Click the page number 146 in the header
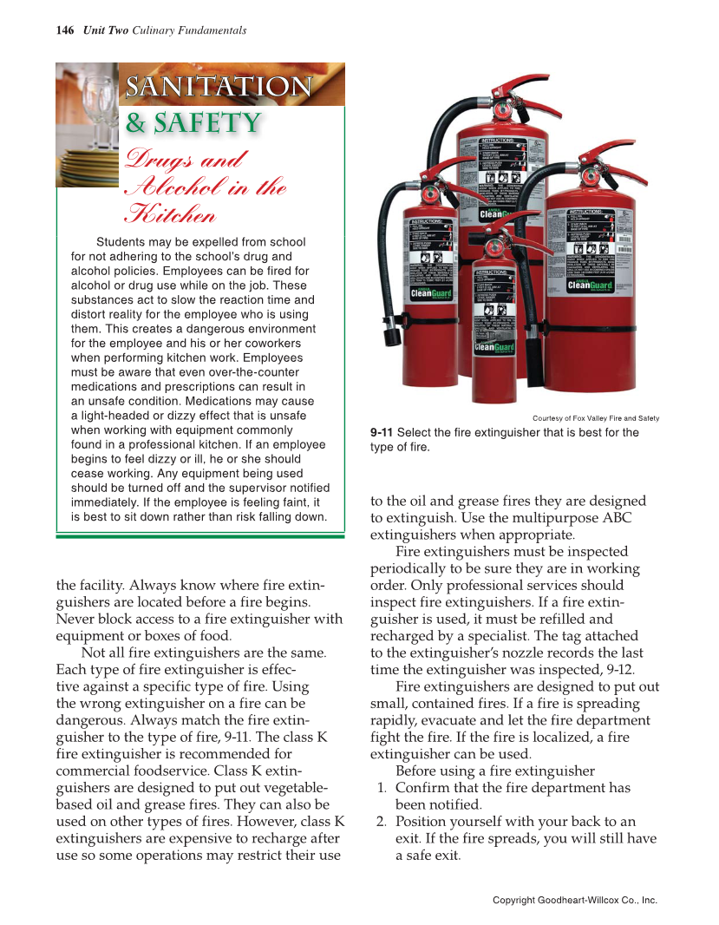point(64,30)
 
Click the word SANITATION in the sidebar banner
point(218,87)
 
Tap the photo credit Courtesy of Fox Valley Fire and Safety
point(596,418)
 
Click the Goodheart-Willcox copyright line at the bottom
point(574,901)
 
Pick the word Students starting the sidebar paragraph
point(121,242)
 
